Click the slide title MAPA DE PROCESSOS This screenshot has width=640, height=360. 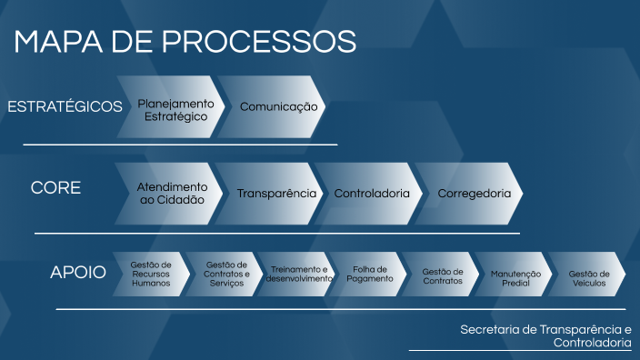[185, 42]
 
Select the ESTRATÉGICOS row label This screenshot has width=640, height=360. [65, 107]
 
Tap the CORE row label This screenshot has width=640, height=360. [56, 188]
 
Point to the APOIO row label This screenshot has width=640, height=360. [78, 272]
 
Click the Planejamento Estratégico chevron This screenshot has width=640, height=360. [175, 109]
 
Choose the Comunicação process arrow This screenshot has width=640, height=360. [277, 107]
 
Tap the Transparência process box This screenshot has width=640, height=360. [275, 194]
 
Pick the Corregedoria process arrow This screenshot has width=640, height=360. [473, 194]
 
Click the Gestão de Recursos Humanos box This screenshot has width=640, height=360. [150, 274]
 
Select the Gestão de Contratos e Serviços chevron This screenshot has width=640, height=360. [226, 274]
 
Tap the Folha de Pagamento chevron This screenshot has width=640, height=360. [370, 274]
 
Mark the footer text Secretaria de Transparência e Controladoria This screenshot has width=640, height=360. [545, 335]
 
